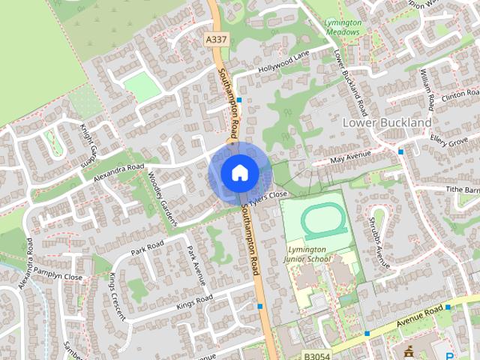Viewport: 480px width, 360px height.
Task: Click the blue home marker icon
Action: (238, 172)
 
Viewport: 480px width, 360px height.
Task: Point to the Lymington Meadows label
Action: (343, 27)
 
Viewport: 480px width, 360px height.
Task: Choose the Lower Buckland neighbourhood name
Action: (386, 121)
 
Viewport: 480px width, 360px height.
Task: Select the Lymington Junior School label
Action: (307, 253)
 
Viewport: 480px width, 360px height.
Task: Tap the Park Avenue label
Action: (196, 265)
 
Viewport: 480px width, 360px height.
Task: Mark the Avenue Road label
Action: (419, 315)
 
